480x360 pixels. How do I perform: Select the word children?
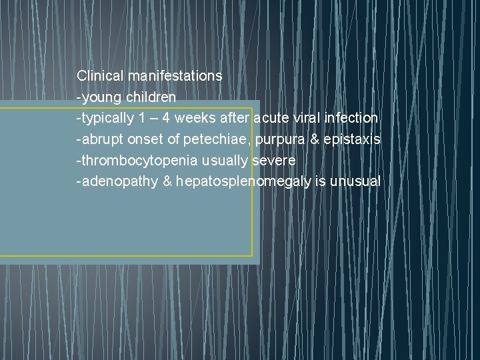coord(149,97)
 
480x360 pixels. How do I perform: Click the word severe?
coord(274,161)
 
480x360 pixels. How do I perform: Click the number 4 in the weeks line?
coord(158,118)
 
